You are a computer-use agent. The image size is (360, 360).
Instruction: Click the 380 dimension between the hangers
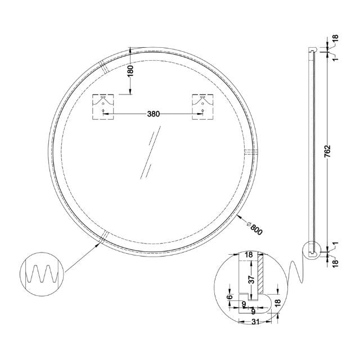[153, 114]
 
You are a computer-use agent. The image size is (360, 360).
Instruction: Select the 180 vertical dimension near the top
[130, 71]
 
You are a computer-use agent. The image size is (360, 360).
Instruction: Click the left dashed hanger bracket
[103, 107]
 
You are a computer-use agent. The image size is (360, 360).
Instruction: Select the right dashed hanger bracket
[201, 107]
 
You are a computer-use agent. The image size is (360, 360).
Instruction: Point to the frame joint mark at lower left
[103, 238]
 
